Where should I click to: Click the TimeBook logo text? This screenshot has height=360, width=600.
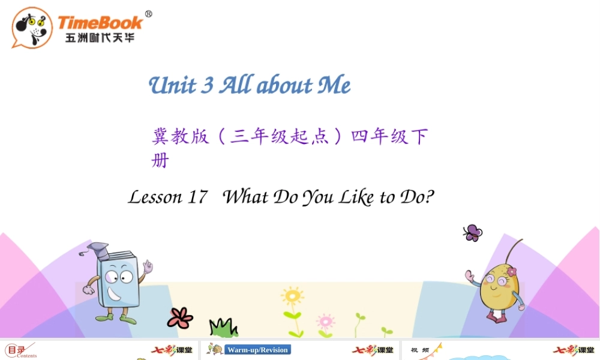tap(100, 23)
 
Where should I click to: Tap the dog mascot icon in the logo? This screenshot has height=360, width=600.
tap(31, 27)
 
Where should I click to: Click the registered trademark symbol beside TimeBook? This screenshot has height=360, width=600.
tap(148, 14)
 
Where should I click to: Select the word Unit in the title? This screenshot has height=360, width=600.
tap(172, 86)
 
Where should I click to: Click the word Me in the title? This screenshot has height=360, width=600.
tap(334, 86)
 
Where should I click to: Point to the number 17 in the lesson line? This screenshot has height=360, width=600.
tap(197, 197)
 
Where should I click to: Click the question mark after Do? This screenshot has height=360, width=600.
tap(428, 196)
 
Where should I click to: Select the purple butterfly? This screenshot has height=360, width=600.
tap(472, 233)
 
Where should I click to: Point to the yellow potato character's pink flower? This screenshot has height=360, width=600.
tap(511, 272)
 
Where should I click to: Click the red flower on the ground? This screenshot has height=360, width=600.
tap(179, 317)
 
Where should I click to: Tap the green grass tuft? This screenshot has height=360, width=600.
tap(223, 328)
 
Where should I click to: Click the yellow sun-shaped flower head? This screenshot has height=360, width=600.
tap(292, 296)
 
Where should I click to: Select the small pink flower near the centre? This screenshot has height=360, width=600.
tap(325, 320)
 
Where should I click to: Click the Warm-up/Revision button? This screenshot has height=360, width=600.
tap(257, 350)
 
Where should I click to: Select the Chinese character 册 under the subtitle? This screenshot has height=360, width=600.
tap(160, 161)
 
